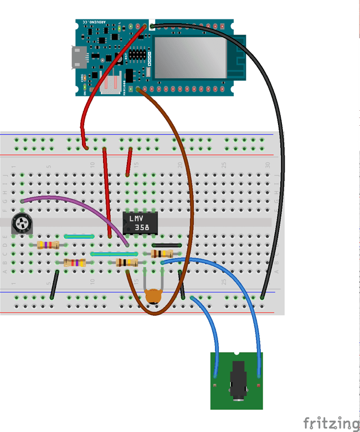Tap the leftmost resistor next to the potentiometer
(x=48, y=245)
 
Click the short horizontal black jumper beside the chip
(x=166, y=245)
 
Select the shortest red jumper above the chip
(x=129, y=161)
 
